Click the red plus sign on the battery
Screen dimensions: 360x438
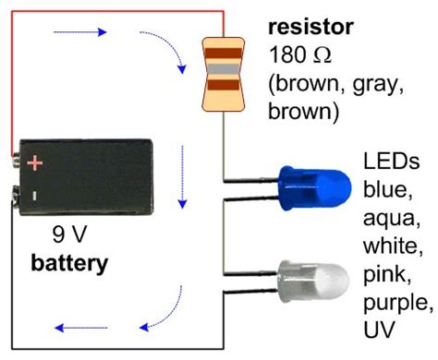[34, 163]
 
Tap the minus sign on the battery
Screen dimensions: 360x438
[34, 196]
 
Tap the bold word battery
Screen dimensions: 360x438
[70, 264]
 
